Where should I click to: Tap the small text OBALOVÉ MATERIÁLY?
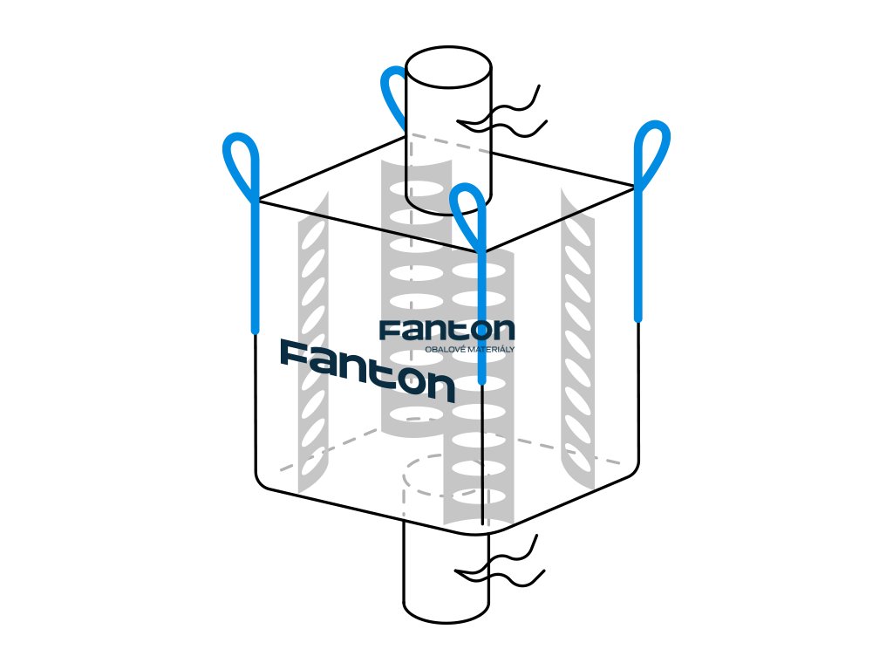point(469,350)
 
